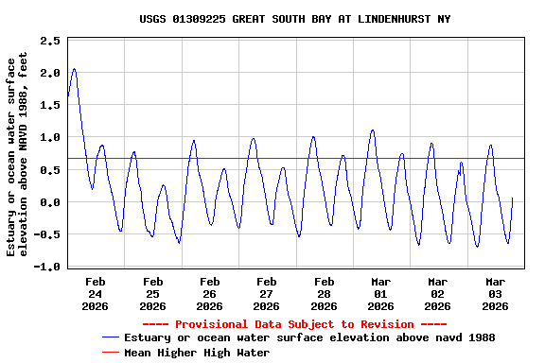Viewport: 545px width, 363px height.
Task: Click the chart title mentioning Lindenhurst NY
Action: tap(295, 19)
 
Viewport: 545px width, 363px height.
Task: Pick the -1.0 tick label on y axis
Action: tap(48, 268)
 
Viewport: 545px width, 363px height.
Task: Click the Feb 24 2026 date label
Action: tap(96, 293)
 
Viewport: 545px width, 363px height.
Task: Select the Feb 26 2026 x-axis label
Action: tap(209, 293)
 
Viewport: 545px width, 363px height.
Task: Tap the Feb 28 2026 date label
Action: tap(324, 293)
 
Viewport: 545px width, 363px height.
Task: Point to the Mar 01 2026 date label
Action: tap(380, 293)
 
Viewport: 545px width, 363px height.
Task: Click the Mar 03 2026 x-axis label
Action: tap(495, 293)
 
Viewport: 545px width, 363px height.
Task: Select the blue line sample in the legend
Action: tap(112, 337)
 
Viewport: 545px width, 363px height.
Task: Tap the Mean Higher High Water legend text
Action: tap(197, 352)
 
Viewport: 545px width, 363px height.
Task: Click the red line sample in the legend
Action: tap(112, 352)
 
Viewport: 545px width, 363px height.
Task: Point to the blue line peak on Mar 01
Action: tap(373, 130)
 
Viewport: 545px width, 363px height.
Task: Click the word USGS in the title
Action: tap(154, 19)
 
